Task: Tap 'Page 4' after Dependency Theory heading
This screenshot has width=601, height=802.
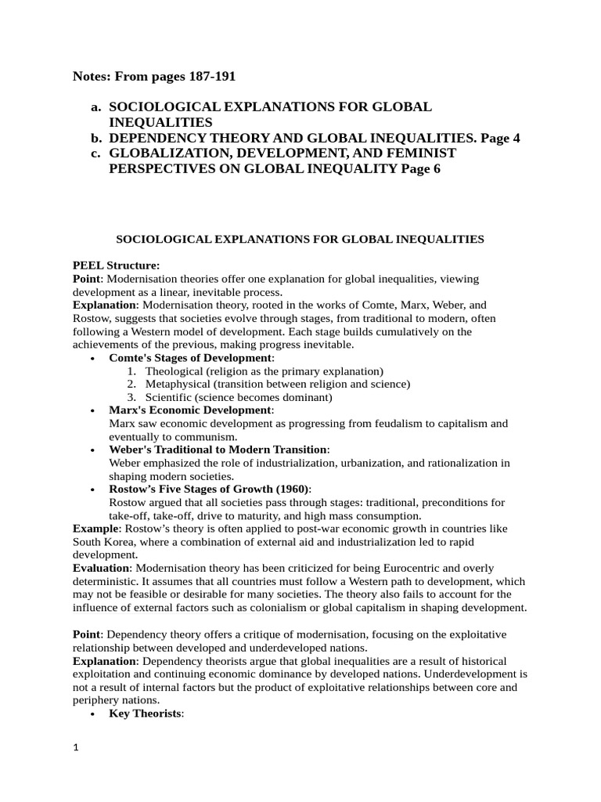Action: click(x=500, y=138)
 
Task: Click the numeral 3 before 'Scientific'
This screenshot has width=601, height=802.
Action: click(x=131, y=397)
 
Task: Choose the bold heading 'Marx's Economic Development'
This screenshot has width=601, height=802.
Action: click(x=190, y=410)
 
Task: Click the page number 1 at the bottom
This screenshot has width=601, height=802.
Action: click(x=76, y=748)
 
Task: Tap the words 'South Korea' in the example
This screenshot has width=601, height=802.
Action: click(x=103, y=542)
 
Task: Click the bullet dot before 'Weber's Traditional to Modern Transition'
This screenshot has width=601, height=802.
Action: click(x=93, y=450)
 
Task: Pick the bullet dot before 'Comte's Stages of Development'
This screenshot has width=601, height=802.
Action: click(x=93, y=358)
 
